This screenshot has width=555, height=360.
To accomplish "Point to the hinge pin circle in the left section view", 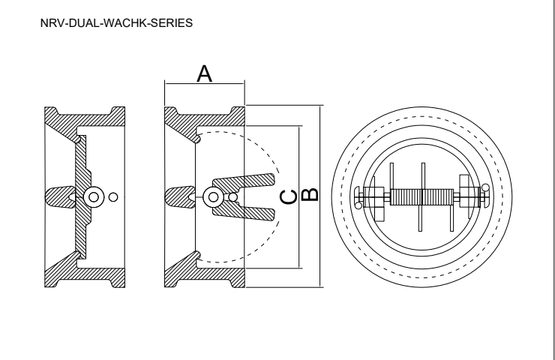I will coord(94,197).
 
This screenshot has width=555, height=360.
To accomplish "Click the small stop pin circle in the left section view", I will coord(113,197).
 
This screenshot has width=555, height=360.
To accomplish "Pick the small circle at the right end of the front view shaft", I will coord(486,187).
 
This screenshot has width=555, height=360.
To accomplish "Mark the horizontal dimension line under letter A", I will coord(204,84).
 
